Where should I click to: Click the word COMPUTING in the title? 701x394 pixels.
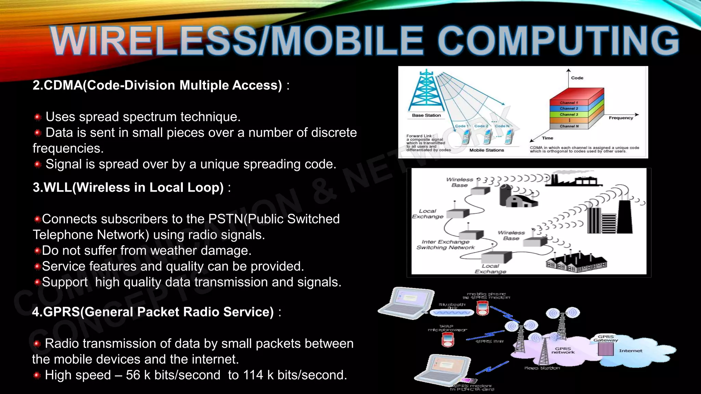pos(558,41)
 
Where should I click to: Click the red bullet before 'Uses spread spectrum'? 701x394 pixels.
pos(38,117)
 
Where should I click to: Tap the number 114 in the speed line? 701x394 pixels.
pos(253,375)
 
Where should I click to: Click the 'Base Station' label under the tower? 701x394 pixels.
pos(426,116)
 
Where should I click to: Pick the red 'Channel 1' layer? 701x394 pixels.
pos(569,103)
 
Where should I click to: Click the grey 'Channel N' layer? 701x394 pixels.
pos(569,126)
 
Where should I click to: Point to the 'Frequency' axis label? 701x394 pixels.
pos(621,118)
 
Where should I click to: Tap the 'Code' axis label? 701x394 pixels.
pos(577,78)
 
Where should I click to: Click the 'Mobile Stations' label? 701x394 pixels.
pos(486,150)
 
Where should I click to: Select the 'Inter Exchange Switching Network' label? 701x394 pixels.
pos(445,245)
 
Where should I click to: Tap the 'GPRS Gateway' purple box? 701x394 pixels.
pos(606,349)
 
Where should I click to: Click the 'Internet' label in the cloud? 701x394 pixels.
pos(630,351)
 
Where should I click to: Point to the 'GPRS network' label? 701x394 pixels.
pos(563,351)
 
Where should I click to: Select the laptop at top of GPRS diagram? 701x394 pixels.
pos(407,303)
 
